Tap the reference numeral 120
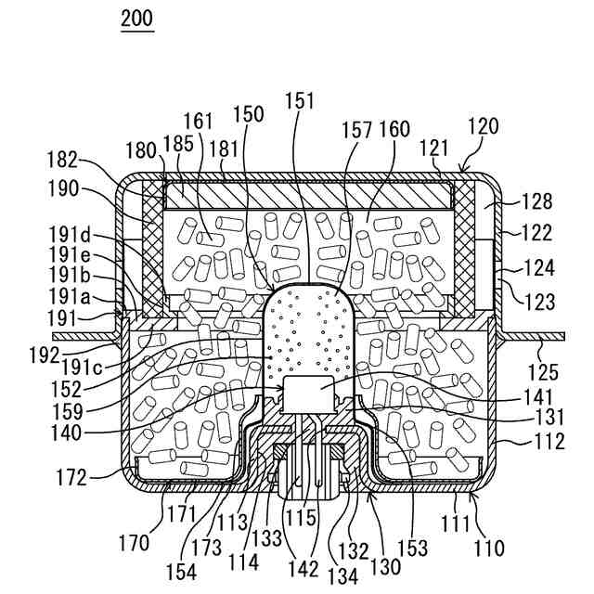(483, 127)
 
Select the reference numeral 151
(300, 100)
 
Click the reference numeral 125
(543, 373)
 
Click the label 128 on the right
(537, 200)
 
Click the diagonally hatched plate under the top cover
(306, 195)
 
